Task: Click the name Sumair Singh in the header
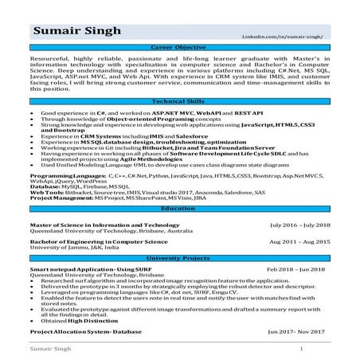pos(76,33)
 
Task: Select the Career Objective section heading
pos(180,49)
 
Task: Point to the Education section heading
pos(180,208)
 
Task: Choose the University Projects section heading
pos(180,260)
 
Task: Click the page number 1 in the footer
pos(300,349)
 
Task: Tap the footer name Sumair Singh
pos(49,349)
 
